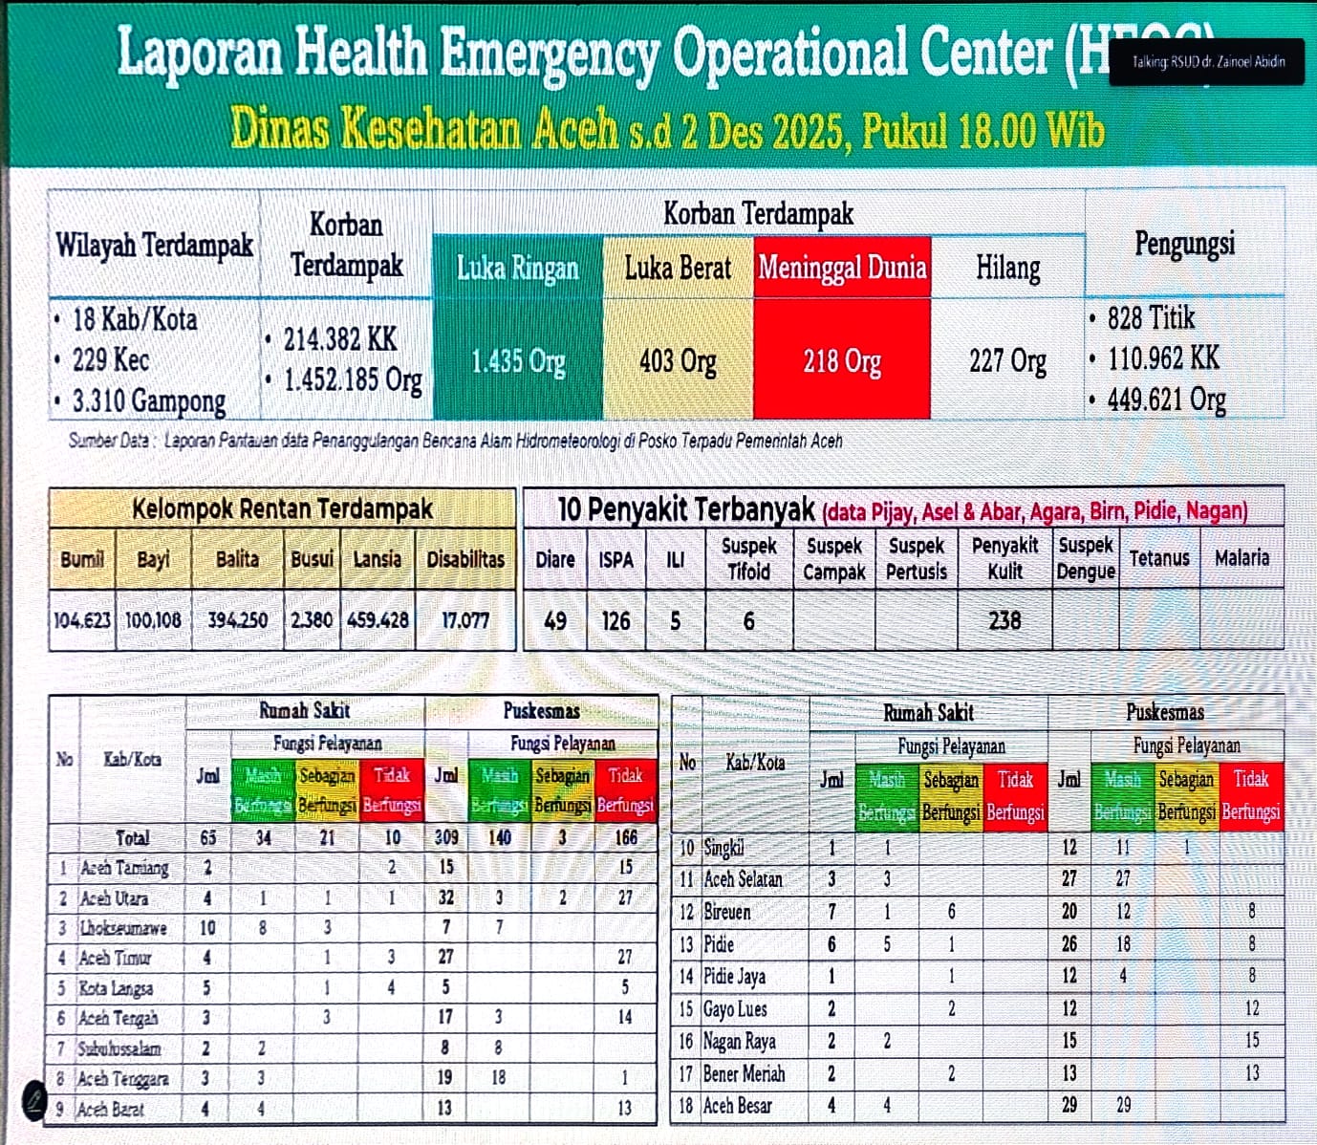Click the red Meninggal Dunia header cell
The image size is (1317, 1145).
coord(842,267)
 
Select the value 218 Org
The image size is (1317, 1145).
coord(842,361)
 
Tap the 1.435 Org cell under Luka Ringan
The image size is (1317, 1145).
coord(518,361)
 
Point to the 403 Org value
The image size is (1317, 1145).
coord(678,361)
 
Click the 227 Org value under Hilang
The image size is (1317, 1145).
coord(1007,361)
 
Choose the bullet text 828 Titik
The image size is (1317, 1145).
coord(1151,317)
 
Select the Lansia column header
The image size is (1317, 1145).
coord(377,559)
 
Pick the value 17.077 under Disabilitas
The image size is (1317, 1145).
coord(465,620)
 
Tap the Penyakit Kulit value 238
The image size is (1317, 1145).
coord(1004,621)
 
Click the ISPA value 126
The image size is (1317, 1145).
coord(615,621)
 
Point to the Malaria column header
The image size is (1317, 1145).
coord(1241,558)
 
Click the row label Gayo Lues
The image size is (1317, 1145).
coord(735,1009)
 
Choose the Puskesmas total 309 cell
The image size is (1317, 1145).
coord(446,837)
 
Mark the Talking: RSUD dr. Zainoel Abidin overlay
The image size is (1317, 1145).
coord(1207,62)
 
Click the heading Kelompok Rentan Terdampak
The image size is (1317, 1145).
coord(282,508)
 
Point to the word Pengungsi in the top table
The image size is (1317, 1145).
coord(1184,244)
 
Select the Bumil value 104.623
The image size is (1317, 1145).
coord(82,620)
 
